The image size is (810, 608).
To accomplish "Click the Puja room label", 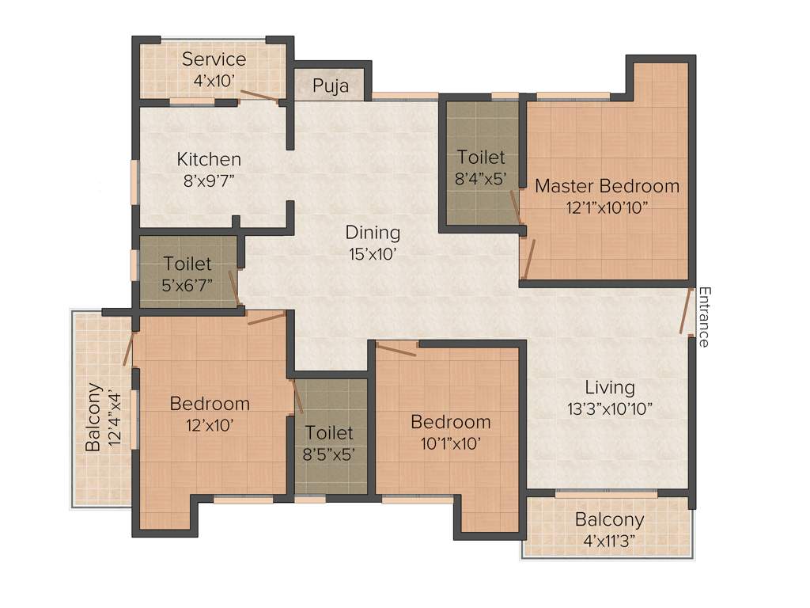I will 330,86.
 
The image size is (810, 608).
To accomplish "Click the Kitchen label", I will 209,159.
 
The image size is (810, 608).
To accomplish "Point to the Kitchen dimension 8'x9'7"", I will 209,180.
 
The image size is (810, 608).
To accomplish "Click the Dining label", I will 373,233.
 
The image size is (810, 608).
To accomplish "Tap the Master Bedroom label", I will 607,186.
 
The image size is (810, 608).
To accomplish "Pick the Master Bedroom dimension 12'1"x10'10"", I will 607,207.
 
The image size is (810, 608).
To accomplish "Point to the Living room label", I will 610,387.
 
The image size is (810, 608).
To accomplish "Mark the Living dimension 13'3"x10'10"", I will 610,408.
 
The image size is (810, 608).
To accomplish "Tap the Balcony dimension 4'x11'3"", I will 609,542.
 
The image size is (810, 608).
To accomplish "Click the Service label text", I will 214,59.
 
